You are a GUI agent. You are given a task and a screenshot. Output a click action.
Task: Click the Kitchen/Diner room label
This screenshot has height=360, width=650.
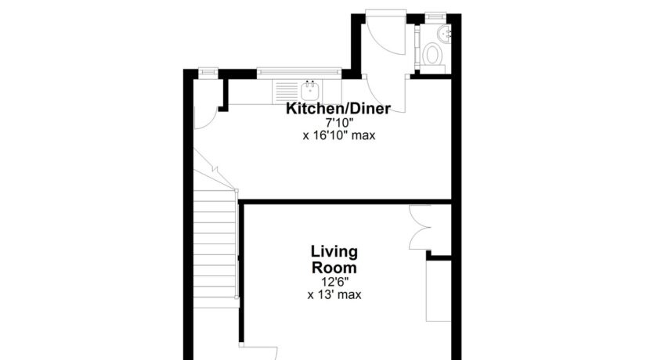click(338, 109)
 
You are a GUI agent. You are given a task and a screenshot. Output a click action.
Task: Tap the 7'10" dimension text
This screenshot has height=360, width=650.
click(338, 123)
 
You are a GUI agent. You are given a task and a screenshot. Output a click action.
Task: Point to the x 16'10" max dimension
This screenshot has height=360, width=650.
click(338, 135)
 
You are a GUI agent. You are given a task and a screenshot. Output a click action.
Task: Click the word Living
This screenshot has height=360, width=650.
click(334, 251)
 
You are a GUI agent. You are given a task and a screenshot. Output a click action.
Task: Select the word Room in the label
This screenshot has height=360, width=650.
click(334, 267)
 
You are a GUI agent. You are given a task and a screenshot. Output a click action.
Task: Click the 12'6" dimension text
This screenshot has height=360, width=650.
click(334, 282)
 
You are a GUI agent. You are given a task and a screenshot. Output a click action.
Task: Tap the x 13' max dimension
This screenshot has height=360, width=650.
click(334, 295)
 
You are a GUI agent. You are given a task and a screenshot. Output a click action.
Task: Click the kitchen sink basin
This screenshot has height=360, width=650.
click(309, 91)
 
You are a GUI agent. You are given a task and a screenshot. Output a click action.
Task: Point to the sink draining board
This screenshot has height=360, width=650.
click(287, 92)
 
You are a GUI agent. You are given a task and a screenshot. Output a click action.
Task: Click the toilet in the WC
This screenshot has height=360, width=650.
click(433, 54)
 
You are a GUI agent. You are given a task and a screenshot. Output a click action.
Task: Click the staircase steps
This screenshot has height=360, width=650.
click(215, 249)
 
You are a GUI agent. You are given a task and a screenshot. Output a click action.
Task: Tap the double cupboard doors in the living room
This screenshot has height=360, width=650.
click(420, 228)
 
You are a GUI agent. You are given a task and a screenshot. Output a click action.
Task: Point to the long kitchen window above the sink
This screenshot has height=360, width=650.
click(298, 72)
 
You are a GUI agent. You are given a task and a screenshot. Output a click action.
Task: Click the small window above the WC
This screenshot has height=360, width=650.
click(435, 16)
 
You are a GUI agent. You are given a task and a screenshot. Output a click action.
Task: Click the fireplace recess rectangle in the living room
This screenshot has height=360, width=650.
click(439, 291)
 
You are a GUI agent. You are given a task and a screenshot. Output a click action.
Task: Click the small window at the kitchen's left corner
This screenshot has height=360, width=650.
click(208, 72)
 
